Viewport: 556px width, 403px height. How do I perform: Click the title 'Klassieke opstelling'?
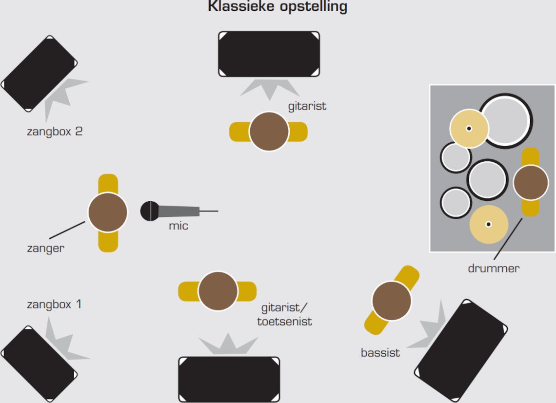[x=278, y=6]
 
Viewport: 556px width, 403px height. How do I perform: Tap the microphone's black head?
[x=150, y=211]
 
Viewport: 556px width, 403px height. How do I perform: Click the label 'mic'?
[x=179, y=226]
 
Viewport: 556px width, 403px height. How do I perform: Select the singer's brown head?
[x=108, y=212]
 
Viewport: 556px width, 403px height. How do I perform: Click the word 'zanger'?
[x=46, y=248]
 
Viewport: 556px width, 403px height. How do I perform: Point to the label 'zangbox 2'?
[x=55, y=132]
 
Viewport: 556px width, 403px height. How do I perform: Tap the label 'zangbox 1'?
[x=54, y=304]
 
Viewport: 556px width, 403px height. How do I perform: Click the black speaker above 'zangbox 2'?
[x=39, y=74]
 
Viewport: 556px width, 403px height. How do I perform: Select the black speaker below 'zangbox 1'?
[x=39, y=364]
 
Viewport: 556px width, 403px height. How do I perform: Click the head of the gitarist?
[x=269, y=132]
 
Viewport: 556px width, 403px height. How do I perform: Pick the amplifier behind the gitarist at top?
[x=269, y=54]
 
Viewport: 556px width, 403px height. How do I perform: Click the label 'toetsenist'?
[x=284, y=322]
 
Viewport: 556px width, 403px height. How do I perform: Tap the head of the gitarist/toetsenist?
[x=218, y=291]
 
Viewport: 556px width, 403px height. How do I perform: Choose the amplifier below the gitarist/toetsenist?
[x=229, y=379]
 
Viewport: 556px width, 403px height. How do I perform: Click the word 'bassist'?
[x=380, y=353]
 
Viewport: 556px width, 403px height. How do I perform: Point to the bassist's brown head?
[x=392, y=301]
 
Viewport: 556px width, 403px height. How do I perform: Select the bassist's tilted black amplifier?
[x=461, y=350]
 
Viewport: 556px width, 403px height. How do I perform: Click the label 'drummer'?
[x=494, y=269]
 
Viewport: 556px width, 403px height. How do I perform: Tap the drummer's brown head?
[x=531, y=183]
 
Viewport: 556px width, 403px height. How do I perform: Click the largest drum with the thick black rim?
[x=506, y=121]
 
